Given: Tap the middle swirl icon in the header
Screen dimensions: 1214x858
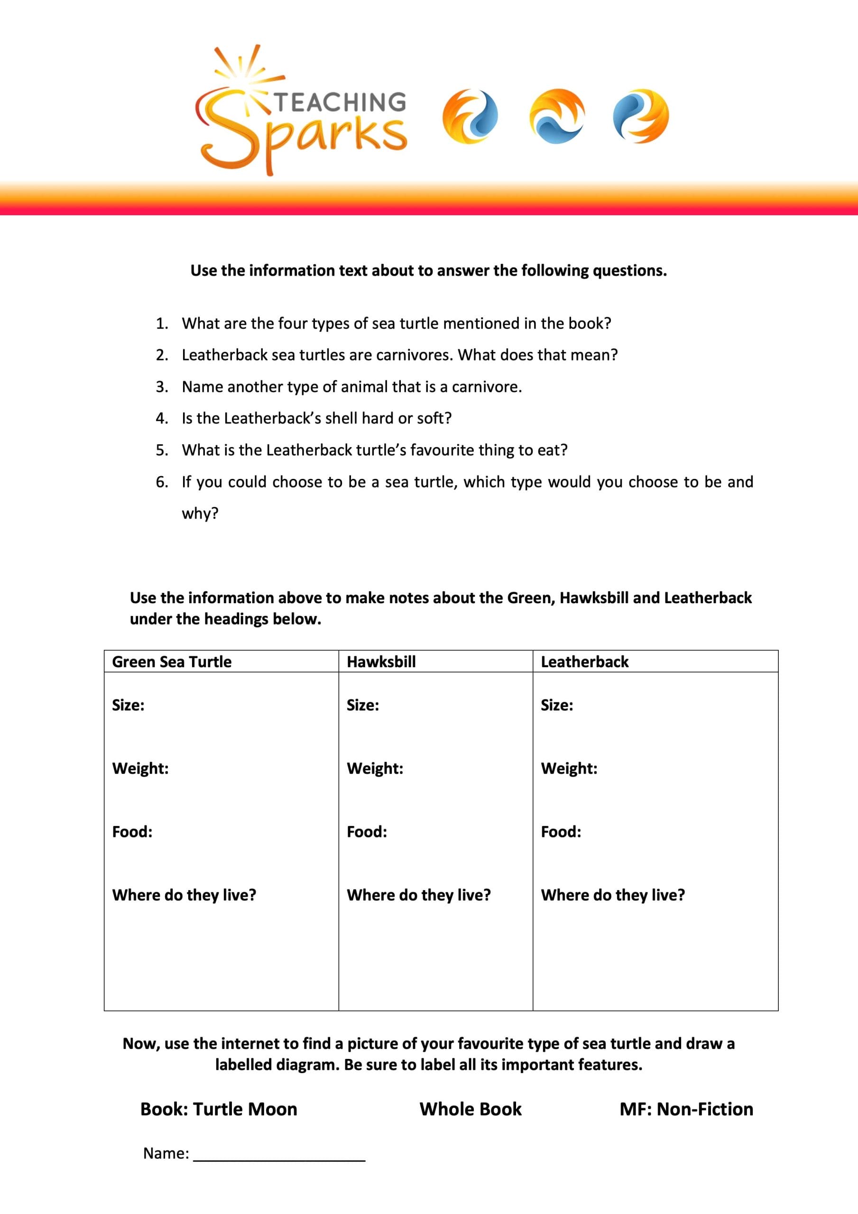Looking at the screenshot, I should click(556, 116).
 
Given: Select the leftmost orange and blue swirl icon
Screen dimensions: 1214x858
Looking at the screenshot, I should click(470, 116).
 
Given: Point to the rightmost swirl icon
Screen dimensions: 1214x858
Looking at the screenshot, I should click(641, 116).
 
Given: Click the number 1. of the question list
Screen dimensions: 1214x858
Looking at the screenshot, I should click(162, 323).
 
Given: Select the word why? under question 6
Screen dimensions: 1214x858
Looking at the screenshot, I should click(200, 514).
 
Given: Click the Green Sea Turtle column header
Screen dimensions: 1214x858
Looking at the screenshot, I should click(172, 662).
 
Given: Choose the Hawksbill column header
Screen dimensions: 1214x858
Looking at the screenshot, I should click(381, 662).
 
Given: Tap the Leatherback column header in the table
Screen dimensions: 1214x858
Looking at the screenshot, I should click(584, 662).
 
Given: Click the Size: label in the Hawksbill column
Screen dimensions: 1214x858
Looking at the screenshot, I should click(363, 705).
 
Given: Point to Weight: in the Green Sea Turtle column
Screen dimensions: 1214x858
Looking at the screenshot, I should click(141, 768).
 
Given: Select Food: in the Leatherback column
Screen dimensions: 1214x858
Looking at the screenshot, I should click(561, 832).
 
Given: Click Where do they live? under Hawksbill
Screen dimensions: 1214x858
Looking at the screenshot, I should click(419, 895).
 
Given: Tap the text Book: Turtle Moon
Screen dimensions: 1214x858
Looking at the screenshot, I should click(219, 1109).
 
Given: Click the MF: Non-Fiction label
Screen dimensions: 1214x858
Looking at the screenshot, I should click(686, 1109).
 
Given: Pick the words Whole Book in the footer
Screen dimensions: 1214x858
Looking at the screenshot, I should click(470, 1109).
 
